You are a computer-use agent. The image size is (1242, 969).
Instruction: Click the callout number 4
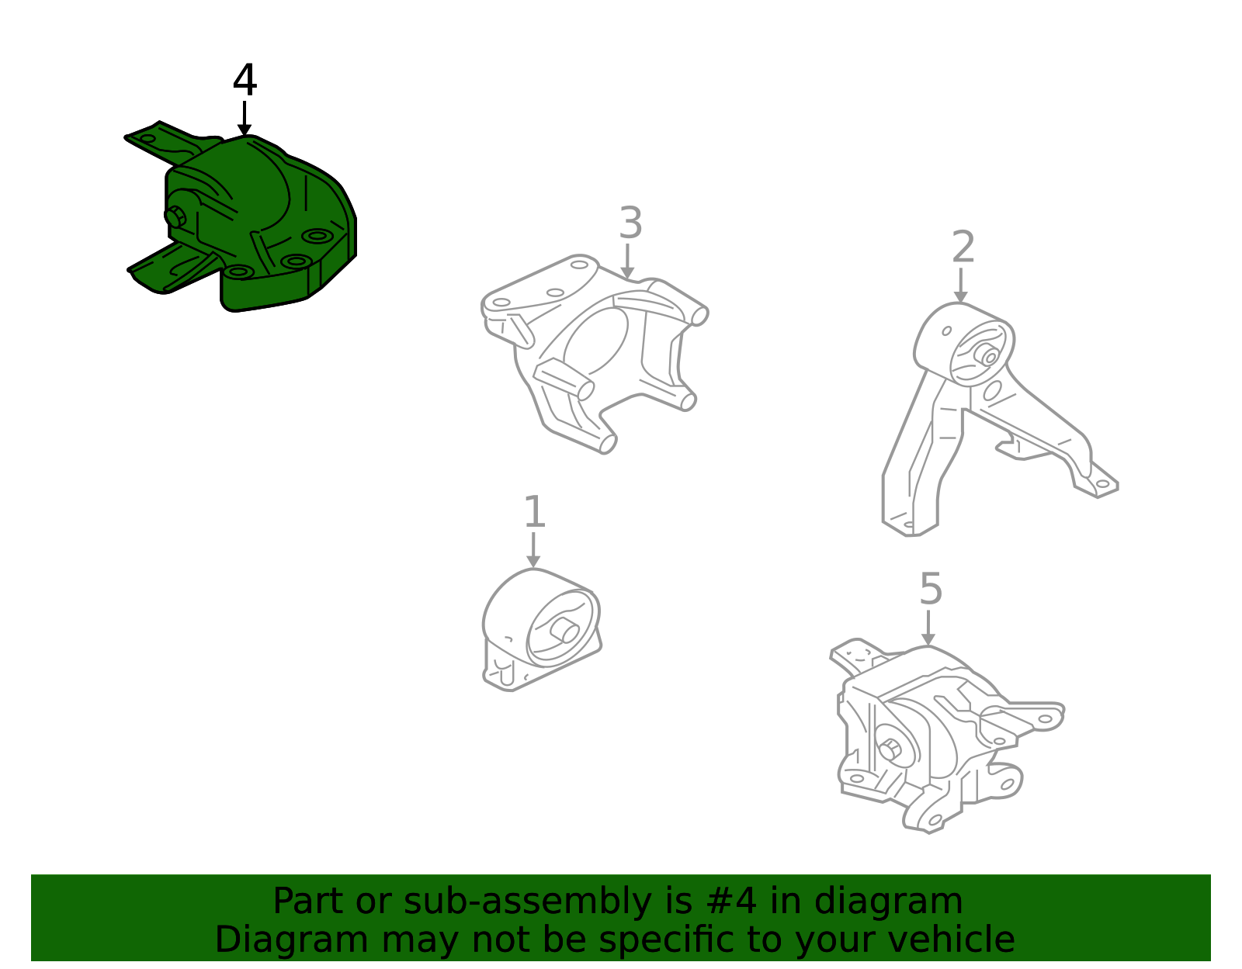[245, 80]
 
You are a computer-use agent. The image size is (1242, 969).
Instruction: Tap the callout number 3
[630, 223]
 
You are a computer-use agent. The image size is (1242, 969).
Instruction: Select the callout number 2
[963, 247]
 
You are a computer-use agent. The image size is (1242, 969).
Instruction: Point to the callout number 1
[534, 511]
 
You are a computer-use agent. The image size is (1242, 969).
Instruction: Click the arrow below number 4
[245, 119]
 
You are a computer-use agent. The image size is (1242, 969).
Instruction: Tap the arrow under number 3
[627, 261]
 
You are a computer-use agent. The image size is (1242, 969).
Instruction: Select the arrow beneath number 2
[961, 286]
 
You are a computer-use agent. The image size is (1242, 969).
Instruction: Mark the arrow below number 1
[533, 550]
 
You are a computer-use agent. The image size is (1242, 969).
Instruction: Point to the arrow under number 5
[928, 628]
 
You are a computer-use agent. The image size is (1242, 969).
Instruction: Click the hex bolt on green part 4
[175, 217]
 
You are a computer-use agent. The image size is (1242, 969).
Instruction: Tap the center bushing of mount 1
[564, 631]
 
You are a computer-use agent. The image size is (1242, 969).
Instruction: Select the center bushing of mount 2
[987, 355]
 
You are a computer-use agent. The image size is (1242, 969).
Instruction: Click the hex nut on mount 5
[890, 749]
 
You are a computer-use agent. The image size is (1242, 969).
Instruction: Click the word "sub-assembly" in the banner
[528, 902]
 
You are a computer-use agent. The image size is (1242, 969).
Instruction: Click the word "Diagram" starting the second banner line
[292, 940]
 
